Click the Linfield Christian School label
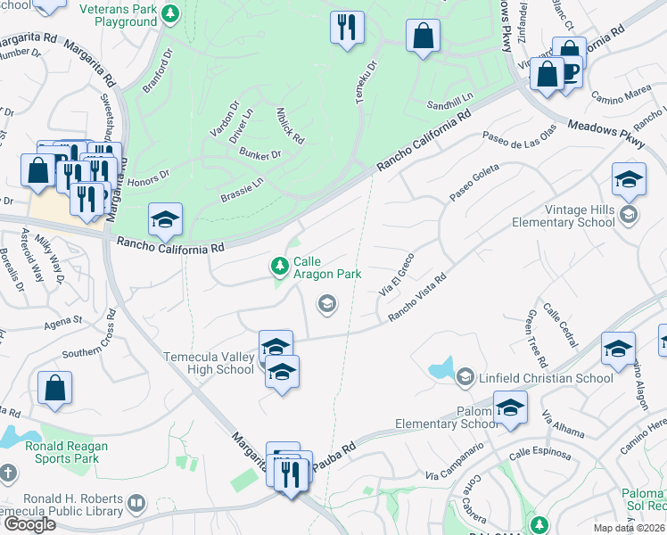[547, 378]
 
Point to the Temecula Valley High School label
[209, 363]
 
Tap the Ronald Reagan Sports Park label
[68, 452]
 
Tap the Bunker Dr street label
[259, 154]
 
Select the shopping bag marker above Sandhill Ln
[423, 37]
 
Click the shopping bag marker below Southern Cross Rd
[54, 389]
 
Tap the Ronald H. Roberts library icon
[136, 504]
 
